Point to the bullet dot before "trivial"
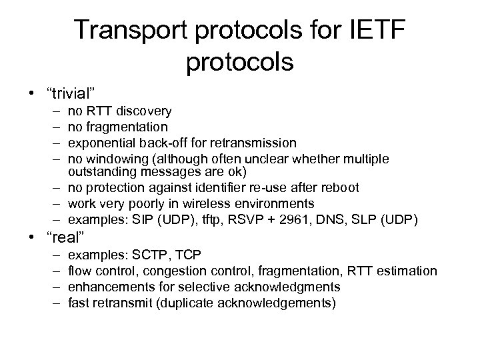click(x=35, y=91)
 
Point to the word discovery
click(x=143, y=111)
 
